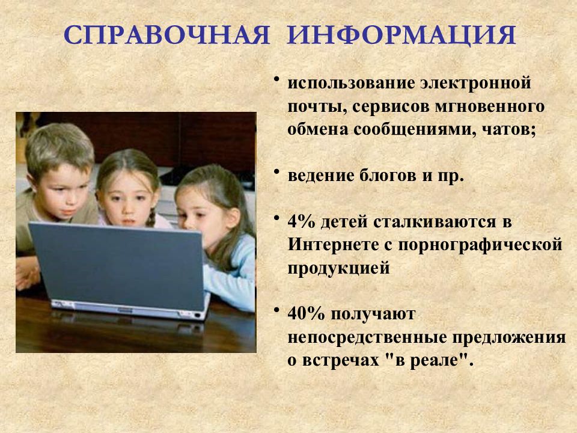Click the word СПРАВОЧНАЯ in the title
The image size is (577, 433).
click(x=166, y=35)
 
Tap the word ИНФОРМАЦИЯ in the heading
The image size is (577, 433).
click(x=401, y=36)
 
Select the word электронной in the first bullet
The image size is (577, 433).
click(x=476, y=83)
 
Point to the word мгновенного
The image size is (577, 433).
click(x=490, y=107)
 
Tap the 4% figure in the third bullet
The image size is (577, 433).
click(x=301, y=222)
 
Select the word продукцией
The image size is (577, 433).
click(x=338, y=268)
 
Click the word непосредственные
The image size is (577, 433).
click(x=367, y=337)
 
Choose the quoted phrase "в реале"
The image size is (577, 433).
click(x=427, y=360)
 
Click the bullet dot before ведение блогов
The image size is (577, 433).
click(x=276, y=171)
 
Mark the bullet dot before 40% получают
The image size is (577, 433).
click(x=276, y=310)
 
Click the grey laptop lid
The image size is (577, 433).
click(x=118, y=265)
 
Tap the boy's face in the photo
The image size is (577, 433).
click(x=63, y=191)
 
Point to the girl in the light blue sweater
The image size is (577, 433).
click(x=217, y=236)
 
